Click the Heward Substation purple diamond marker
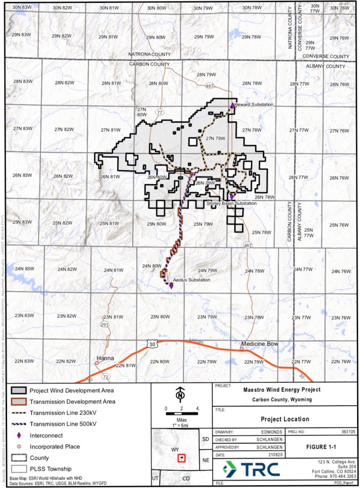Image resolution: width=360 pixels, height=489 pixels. tap(232, 105)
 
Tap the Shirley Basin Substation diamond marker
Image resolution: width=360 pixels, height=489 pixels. tap(232, 196)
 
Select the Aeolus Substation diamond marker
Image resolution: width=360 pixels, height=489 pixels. tap(171, 286)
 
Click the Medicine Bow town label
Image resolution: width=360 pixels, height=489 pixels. tap(260, 344)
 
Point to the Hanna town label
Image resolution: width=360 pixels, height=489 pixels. tap(104, 359)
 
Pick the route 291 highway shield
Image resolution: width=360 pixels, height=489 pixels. tap(105, 325)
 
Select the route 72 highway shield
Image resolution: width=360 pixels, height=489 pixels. tap(106, 377)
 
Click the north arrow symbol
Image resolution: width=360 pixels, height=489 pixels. tap(180, 394)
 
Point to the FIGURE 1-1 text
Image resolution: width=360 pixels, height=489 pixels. tap(321, 447)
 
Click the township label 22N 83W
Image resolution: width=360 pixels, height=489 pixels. tap(22, 362)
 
